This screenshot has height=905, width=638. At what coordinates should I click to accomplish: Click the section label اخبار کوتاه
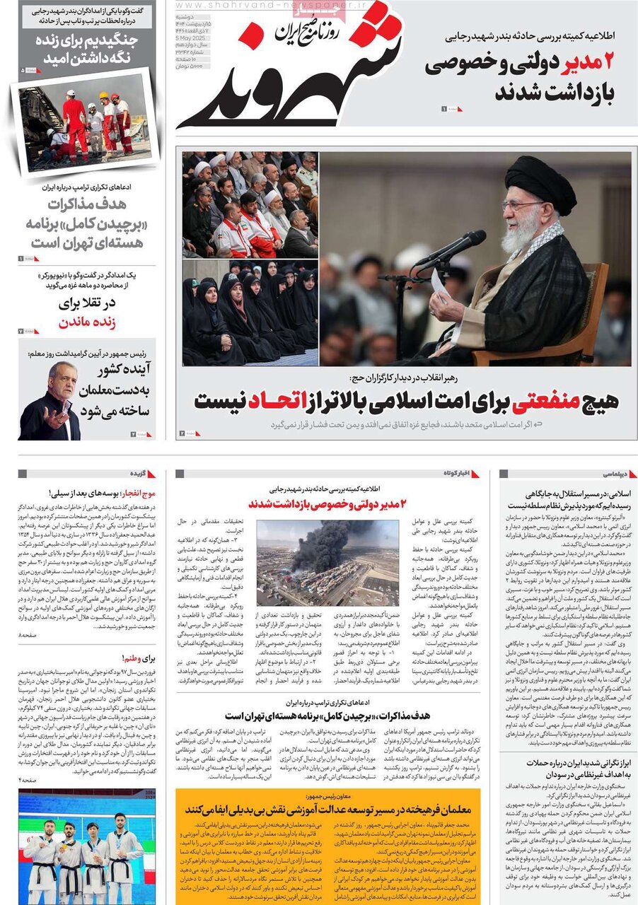456,473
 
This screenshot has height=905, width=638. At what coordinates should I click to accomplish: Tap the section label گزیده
138,473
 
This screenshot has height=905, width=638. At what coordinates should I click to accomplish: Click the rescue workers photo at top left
85,124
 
